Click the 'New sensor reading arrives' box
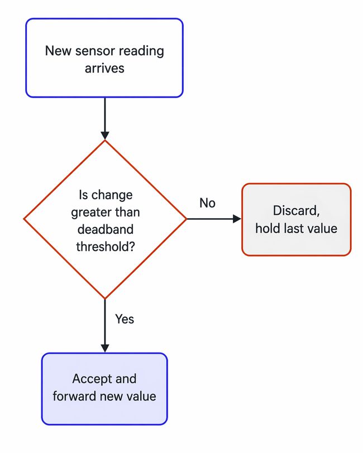[x=104, y=58]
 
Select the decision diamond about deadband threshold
[x=104, y=219]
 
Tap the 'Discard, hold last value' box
[x=296, y=219]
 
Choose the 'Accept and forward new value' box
[x=104, y=388]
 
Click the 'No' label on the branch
[x=207, y=203]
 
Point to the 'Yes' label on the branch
[x=124, y=319]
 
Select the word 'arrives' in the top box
[x=104, y=68]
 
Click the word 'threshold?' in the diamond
[x=104, y=245]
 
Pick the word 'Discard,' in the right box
[x=296, y=211]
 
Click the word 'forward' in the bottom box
[x=73, y=397]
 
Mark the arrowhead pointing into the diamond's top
[x=104, y=135]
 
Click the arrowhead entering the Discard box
[x=237, y=219]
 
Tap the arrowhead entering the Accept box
[x=104, y=348]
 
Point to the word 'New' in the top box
[x=56, y=51]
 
